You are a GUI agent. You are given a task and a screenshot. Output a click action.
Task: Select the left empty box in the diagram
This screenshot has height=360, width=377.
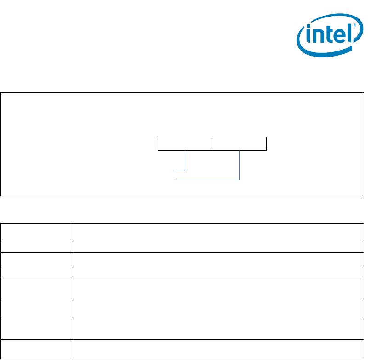click(185, 143)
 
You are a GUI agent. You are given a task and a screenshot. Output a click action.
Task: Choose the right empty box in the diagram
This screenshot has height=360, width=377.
click(239, 143)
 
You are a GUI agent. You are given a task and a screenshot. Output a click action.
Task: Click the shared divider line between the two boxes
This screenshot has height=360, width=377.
click(212, 143)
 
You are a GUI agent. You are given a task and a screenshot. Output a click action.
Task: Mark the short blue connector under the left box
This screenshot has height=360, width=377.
click(185, 161)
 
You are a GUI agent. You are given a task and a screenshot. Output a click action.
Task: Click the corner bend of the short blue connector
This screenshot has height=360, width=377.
click(185, 171)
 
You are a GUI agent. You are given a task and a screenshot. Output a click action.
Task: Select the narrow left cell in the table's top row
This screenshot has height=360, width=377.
click(35, 232)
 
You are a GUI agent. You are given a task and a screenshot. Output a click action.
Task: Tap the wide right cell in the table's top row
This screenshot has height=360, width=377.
click(217, 232)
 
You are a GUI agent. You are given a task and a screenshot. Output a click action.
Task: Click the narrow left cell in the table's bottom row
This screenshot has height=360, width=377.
click(35, 349)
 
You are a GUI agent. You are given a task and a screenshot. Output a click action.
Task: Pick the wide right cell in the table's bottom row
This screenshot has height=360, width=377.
click(217, 349)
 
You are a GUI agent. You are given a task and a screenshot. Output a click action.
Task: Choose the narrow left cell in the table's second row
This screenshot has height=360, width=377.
click(35, 246)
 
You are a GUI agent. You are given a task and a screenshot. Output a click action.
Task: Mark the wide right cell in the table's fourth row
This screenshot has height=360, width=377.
click(217, 272)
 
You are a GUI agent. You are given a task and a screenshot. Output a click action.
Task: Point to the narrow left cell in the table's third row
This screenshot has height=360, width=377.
click(35, 259)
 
